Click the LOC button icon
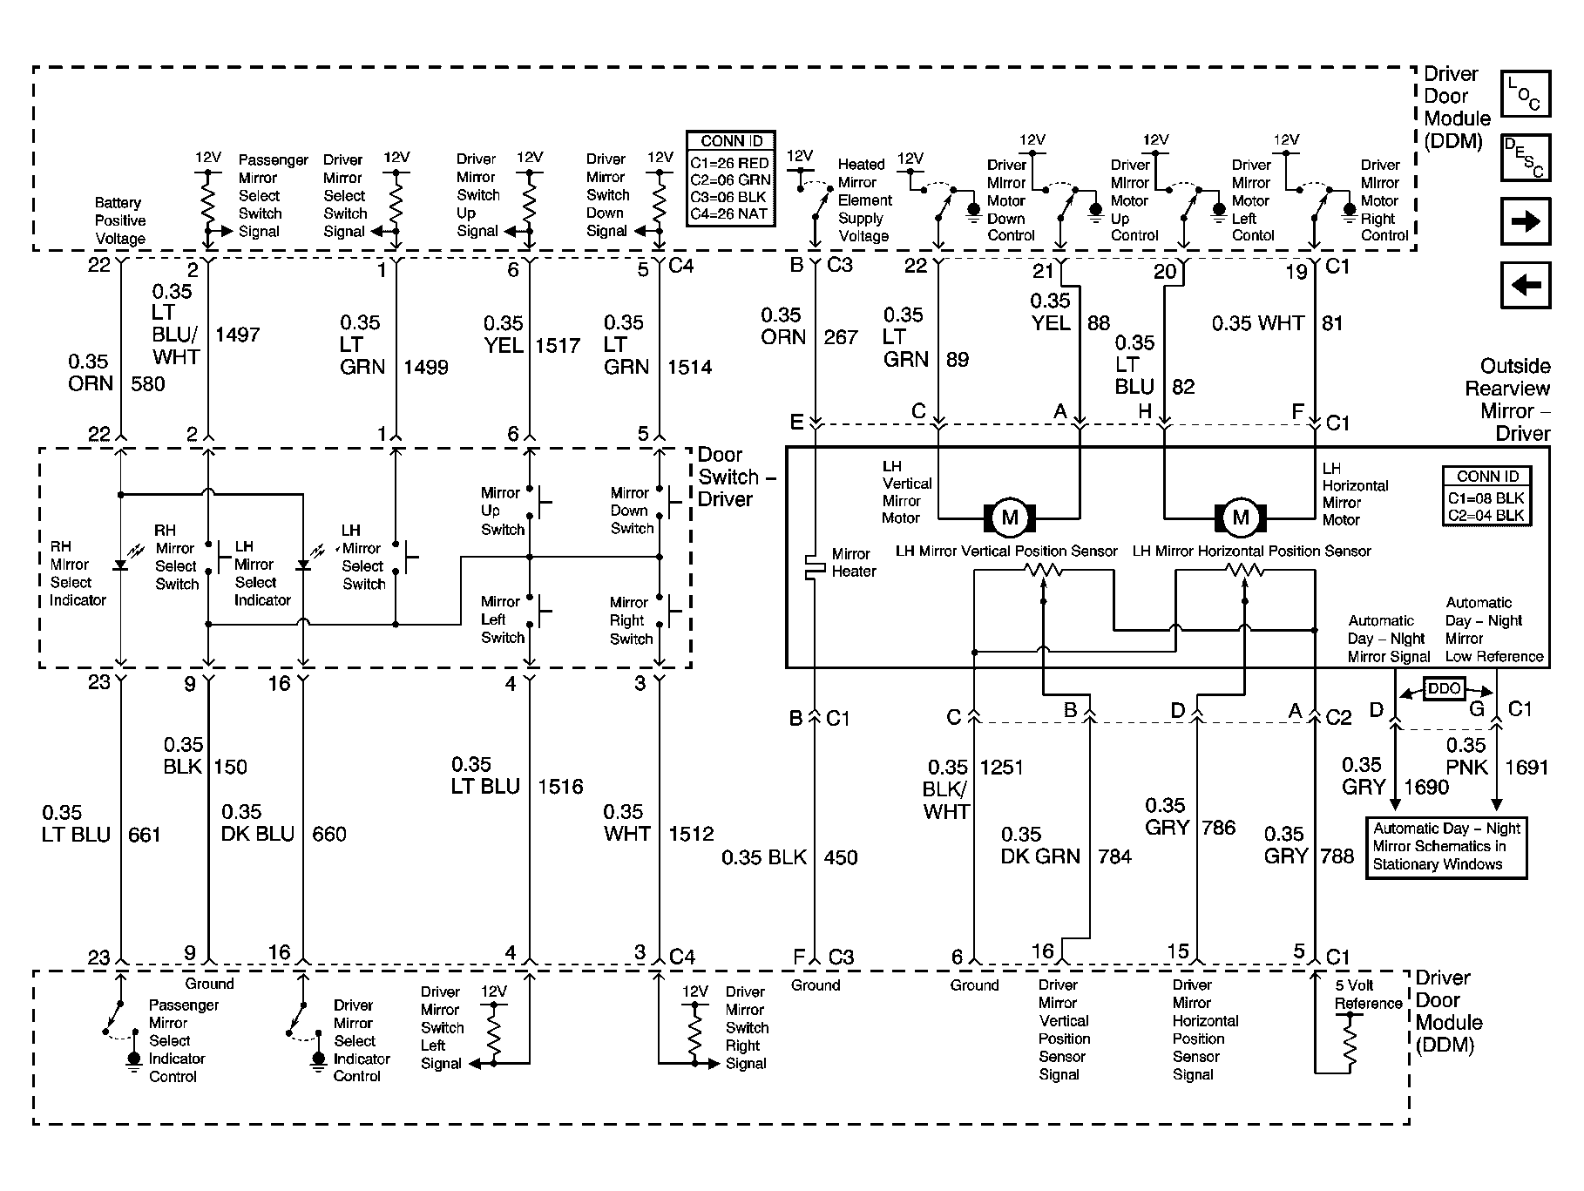tap(1526, 94)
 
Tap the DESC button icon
tap(1526, 158)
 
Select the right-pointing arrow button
tap(1526, 221)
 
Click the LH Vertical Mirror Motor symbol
tap(1010, 518)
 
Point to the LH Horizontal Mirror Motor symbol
tap(1241, 518)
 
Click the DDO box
tap(1444, 688)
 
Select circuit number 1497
tap(237, 335)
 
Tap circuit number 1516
tap(560, 787)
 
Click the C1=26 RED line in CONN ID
tap(730, 163)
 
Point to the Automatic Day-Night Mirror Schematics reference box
tap(1445, 846)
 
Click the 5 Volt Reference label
tap(1367, 994)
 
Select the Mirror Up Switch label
tap(502, 511)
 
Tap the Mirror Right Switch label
tap(631, 620)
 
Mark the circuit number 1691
tap(1526, 768)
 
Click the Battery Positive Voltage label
tap(120, 220)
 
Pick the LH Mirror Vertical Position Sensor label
tap(1006, 552)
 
